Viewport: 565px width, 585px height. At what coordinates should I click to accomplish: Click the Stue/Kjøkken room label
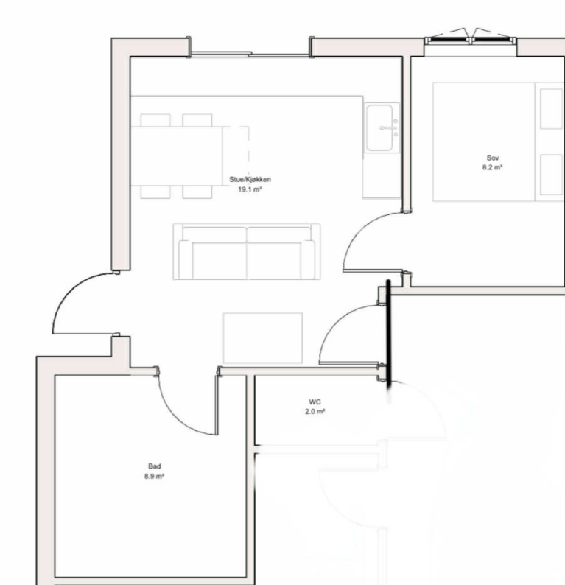pos(250,180)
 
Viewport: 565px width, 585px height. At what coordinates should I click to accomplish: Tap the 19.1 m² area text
pos(250,189)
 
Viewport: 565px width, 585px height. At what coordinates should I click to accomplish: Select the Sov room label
pos(493,158)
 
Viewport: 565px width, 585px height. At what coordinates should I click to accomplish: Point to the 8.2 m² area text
pos(492,167)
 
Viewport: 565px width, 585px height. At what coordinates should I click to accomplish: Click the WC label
pos(315,402)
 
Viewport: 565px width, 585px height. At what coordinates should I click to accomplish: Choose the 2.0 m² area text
pos(315,412)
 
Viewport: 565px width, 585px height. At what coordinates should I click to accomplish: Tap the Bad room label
pos(155,466)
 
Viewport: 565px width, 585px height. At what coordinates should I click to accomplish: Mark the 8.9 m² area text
pos(155,476)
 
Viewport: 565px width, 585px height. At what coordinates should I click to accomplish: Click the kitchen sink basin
pos(379,127)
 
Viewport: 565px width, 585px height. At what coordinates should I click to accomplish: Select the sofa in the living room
pos(247,251)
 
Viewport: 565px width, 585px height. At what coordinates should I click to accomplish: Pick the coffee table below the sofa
pos(263,338)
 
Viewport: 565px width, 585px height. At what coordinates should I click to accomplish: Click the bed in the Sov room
pos(499,141)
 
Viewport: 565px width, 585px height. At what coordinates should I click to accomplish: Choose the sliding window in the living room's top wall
pos(250,54)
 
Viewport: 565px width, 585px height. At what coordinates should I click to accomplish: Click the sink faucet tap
pos(388,128)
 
